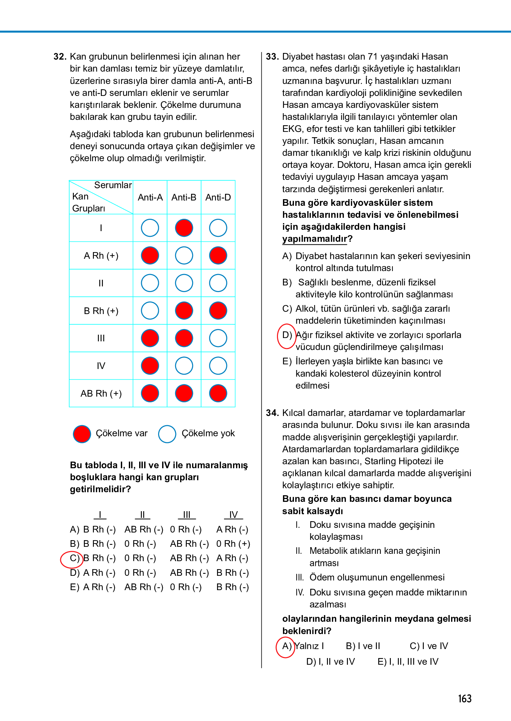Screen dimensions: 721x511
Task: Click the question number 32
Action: click(60, 57)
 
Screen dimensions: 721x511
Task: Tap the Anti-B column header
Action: click(184, 197)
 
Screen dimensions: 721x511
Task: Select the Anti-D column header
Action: click(218, 197)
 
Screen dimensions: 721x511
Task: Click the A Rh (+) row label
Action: click(101, 256)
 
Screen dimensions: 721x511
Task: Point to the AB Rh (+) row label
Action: click(101, 394)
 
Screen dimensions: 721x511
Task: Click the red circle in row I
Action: click(184, 228)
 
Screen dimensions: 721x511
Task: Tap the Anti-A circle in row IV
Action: click(150, 366)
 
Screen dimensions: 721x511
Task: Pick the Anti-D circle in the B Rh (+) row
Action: click(218, 311)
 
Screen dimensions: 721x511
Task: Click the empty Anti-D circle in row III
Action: click(218, 338)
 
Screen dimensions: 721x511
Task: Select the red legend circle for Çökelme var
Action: click(82, 434)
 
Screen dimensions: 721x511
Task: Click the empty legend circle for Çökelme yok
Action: click(167, 434)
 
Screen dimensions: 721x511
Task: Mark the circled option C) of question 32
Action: click(72, 558)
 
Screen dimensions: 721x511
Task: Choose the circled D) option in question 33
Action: click(287, 336)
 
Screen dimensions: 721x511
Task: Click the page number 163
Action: click(464, 698)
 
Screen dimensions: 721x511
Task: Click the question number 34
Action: click(272, 413)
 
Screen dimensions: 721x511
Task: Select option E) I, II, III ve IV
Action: click(408, 662)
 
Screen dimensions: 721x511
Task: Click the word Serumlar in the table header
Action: click(113, 185)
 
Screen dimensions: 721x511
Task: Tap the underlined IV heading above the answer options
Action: click(233, 515)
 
